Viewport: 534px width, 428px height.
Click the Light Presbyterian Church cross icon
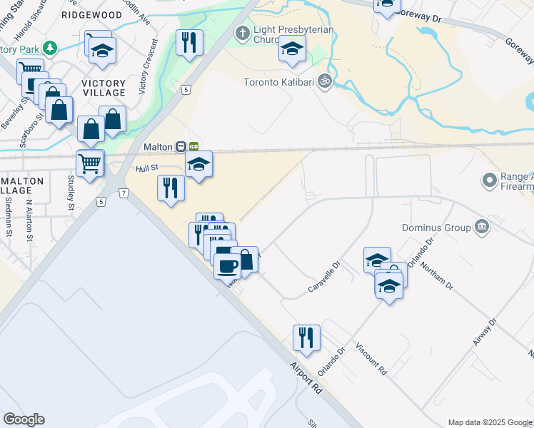click(x=242, y=33)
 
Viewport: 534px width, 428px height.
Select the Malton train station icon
click(x=182, y=146)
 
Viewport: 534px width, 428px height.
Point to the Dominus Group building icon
click(x=482, y=228)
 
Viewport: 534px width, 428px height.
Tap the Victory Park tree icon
click(x=49, y=49)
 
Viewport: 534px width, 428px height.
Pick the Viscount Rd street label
click(x=372, y=361)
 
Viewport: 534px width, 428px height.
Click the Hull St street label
click(x=146, y=169)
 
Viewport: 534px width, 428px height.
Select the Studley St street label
click(x=71, y=193)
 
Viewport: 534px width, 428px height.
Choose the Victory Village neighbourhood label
click(x=104, y=88)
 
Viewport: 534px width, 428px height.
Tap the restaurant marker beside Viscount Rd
click(x=306, y=337)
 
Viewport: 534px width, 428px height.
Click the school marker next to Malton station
click(x=198, y=165)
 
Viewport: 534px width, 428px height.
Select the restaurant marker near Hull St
click(x=171, y=188)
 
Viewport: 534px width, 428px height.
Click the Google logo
click(x=24, y=419)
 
